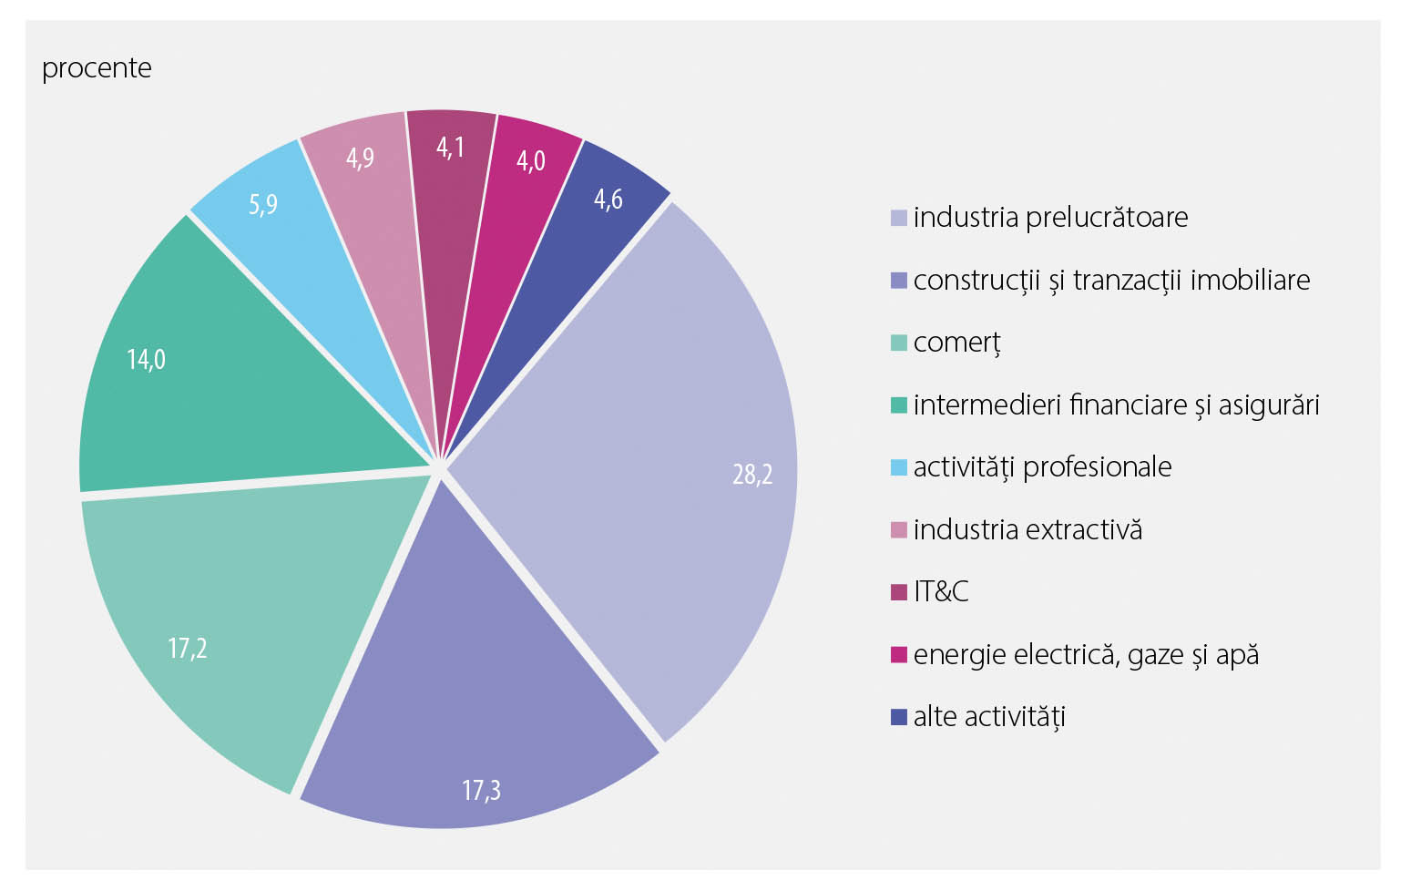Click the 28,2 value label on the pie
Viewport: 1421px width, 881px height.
752,475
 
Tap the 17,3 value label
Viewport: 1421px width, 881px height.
481,790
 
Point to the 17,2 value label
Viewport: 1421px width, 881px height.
188,649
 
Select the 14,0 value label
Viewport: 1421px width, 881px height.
146,360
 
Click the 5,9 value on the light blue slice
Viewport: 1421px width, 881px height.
262,204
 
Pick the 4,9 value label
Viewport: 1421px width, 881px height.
360,159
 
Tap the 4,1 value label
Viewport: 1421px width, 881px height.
451,148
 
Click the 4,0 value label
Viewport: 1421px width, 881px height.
531,161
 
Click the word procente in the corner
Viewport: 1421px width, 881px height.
97,68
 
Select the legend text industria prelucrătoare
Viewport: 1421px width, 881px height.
1050,218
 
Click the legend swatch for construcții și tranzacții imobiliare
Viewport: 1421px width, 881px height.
899,281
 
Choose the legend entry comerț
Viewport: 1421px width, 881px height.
956,343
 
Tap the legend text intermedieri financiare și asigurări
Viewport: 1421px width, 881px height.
1116,405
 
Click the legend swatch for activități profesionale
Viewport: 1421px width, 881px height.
899,467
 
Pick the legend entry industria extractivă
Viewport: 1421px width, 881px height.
1027,529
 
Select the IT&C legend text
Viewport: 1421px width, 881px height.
941,592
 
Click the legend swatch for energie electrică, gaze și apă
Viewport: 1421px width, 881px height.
899,655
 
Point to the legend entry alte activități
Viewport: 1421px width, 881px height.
989,717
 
